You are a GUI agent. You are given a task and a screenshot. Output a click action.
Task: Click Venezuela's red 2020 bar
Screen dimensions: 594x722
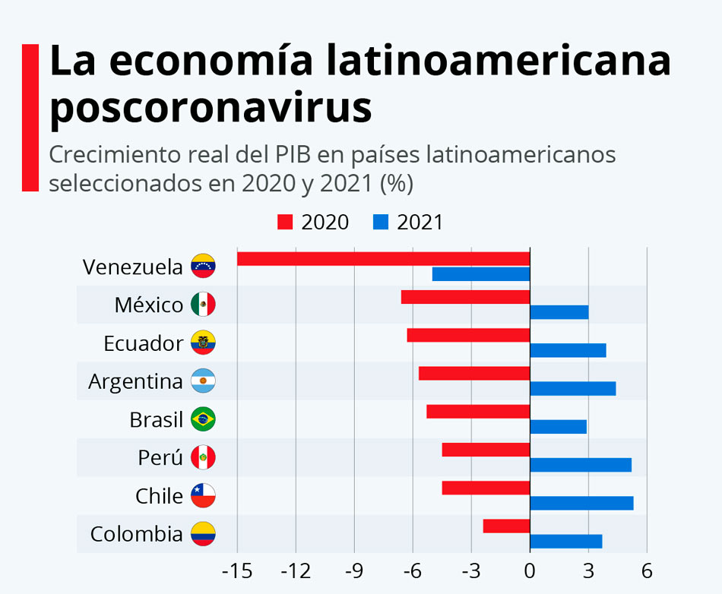pos(383,258)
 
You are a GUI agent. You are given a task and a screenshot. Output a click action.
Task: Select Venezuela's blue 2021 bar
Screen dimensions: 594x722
pos(481,274)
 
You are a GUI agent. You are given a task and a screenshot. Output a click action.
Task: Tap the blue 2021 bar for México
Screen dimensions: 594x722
pos(559,312)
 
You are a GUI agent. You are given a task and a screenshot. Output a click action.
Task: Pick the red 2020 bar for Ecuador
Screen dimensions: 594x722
pos(468,335)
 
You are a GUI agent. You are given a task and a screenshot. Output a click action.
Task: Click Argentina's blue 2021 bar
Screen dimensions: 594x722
pos(572,389)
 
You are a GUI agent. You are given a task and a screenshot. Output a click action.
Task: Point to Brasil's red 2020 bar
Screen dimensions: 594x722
pos(478,411)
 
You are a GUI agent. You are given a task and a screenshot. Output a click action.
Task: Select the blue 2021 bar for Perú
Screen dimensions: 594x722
pos(581,465)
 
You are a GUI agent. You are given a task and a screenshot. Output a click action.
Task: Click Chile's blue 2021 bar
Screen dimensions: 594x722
pos(581,503)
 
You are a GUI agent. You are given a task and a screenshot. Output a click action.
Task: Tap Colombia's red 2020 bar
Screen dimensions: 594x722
pos(506,526)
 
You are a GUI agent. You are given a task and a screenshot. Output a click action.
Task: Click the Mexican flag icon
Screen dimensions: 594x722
pos(203,305)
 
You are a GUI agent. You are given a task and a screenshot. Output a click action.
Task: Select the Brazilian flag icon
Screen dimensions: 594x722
pos(203,419)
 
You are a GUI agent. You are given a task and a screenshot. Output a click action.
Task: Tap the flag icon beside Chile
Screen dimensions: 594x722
pos(203,496)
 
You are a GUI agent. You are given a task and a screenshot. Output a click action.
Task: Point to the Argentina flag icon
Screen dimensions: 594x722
pos(203,381)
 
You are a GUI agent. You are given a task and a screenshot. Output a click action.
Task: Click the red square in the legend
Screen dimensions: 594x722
pos(285,223)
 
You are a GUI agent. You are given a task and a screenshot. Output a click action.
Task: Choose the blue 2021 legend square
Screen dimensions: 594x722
pos(381,223)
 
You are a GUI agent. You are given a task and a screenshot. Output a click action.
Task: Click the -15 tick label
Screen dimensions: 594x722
pos(237,570)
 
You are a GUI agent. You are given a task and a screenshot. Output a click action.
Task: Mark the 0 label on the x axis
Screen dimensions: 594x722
pos(530,570)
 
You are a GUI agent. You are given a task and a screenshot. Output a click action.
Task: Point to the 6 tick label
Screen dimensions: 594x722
pos(647,570)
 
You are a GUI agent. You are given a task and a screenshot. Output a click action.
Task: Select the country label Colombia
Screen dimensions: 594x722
pos(137,534)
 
